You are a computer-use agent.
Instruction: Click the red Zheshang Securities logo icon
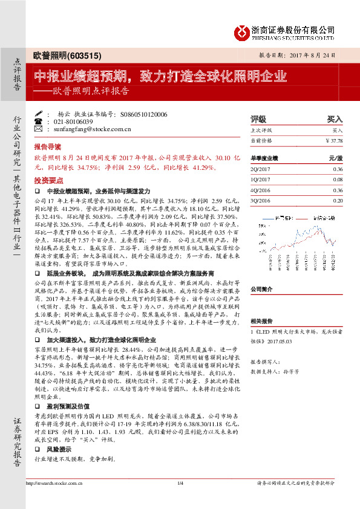pos(243,31)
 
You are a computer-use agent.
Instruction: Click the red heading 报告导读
pos(47,147)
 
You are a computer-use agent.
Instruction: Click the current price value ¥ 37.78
pos(333,140)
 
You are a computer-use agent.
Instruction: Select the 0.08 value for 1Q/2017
pos(337,180)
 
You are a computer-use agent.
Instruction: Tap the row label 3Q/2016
pos(260,199)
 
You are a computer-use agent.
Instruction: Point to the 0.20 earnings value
pos(337,199)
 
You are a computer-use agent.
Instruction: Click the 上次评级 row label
pos(261,130)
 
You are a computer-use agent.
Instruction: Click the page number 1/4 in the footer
pos(180,482)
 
